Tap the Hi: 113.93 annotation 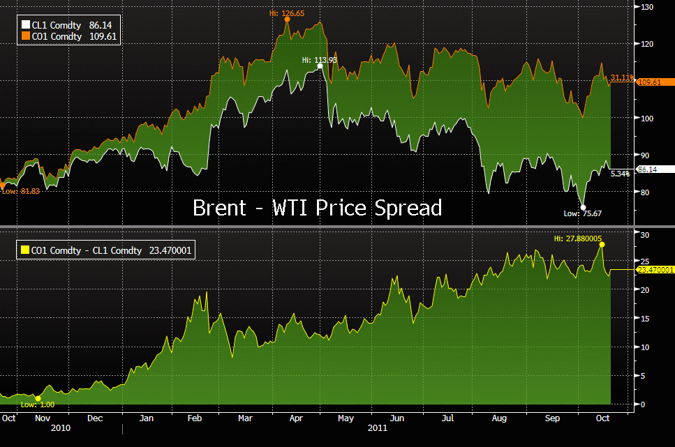[320, 60]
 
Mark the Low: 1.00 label [38, 404]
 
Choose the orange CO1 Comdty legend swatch [26, 36]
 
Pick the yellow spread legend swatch [26, 250]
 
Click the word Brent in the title [219, 208]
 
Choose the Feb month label [195, 418]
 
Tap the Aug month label [500, 418]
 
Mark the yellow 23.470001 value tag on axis [655, 269]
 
